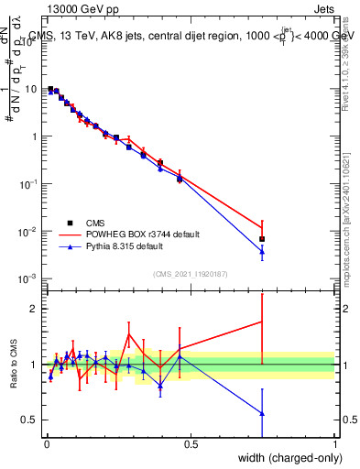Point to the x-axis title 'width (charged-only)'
point(285,457)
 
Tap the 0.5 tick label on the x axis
point(191,444)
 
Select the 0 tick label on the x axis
point(47,444)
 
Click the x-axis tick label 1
point(335,444)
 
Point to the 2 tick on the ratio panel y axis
point(33,309)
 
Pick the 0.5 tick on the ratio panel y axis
point(29,420)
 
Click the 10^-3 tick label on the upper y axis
point(27,278)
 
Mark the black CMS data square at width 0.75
point(263,239)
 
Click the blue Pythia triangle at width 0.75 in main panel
point(263,251)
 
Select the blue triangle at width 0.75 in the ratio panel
point(263,413)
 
